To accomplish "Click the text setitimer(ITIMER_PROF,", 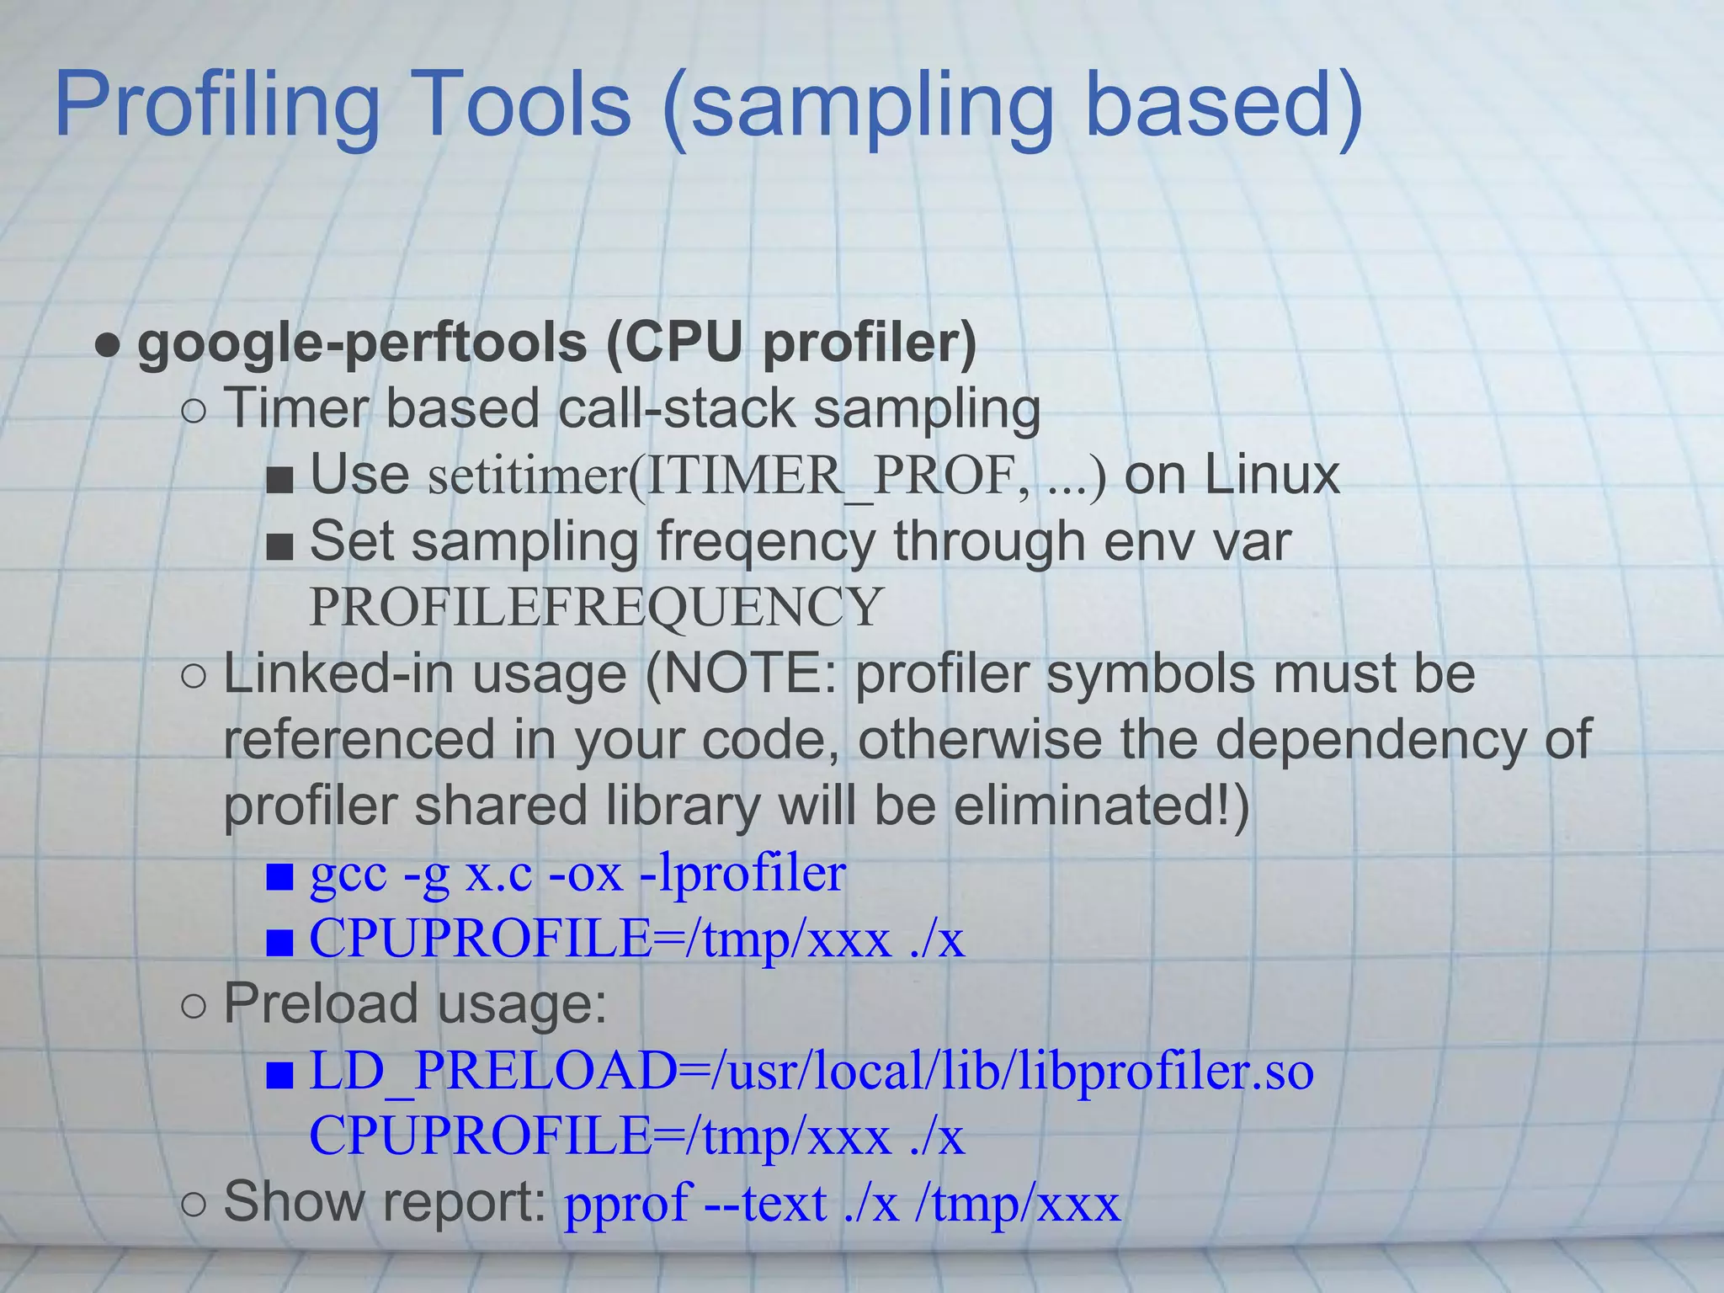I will click(x=728, y=476).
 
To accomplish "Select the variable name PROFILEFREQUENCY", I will click(x=596, y=607).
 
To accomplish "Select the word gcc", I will click(x=349, y=874).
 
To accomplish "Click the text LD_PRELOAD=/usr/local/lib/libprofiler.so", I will click(x=811, y=1072).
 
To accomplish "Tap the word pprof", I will click(x=627, y=1203).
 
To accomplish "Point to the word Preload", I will click(x=320, y=1004).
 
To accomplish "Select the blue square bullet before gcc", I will click(x=279, y=877).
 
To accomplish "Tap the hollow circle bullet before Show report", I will click(x=194, y=1204).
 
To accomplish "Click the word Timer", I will click(x=295, y=409).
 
